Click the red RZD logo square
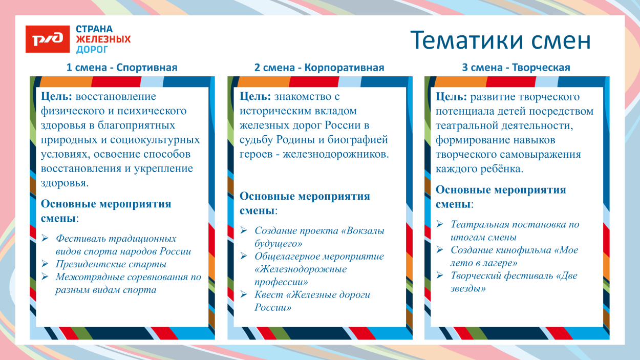tap(48, 39)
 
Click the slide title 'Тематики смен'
tap(501, 40)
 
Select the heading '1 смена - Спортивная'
tap(122, 68)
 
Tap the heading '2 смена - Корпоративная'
tap(319, 68)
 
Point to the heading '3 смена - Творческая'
tap(516, 68)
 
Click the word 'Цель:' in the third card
tap(451, 97)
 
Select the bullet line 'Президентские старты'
tap(111, 264)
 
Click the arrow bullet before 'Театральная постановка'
tap(440, 224)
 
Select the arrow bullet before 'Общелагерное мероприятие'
tap(244, 256)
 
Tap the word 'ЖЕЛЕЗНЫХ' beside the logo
tap(103, 39)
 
